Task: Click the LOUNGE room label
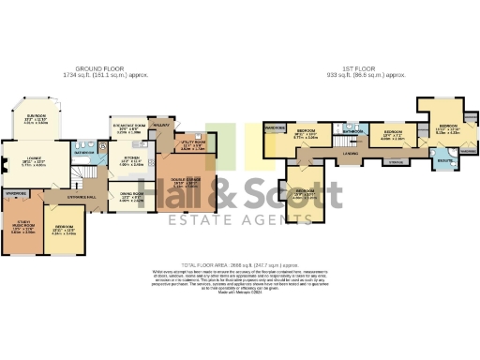click(x=34, y=159)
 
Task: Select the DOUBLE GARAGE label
click(x=185, y=182)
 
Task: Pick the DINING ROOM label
click(x=131, y=196)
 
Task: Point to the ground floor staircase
click(x=89, y=176)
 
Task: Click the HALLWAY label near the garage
click(x=160, y=123)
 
